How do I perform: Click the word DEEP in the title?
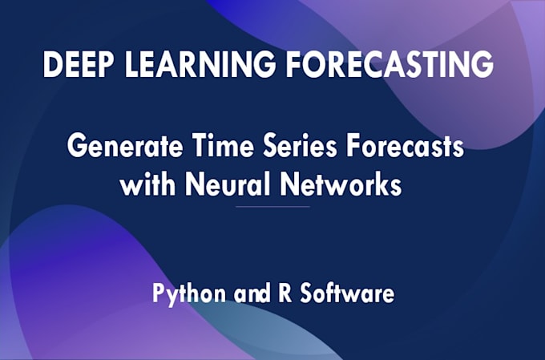79,64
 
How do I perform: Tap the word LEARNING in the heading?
200,64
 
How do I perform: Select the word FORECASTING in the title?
390,64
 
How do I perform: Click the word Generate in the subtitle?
125,145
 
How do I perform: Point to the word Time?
224,145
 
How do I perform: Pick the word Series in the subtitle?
301,145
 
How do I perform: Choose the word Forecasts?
405,145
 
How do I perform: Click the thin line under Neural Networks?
272,207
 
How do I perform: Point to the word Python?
189,294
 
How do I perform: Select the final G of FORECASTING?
482,64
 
